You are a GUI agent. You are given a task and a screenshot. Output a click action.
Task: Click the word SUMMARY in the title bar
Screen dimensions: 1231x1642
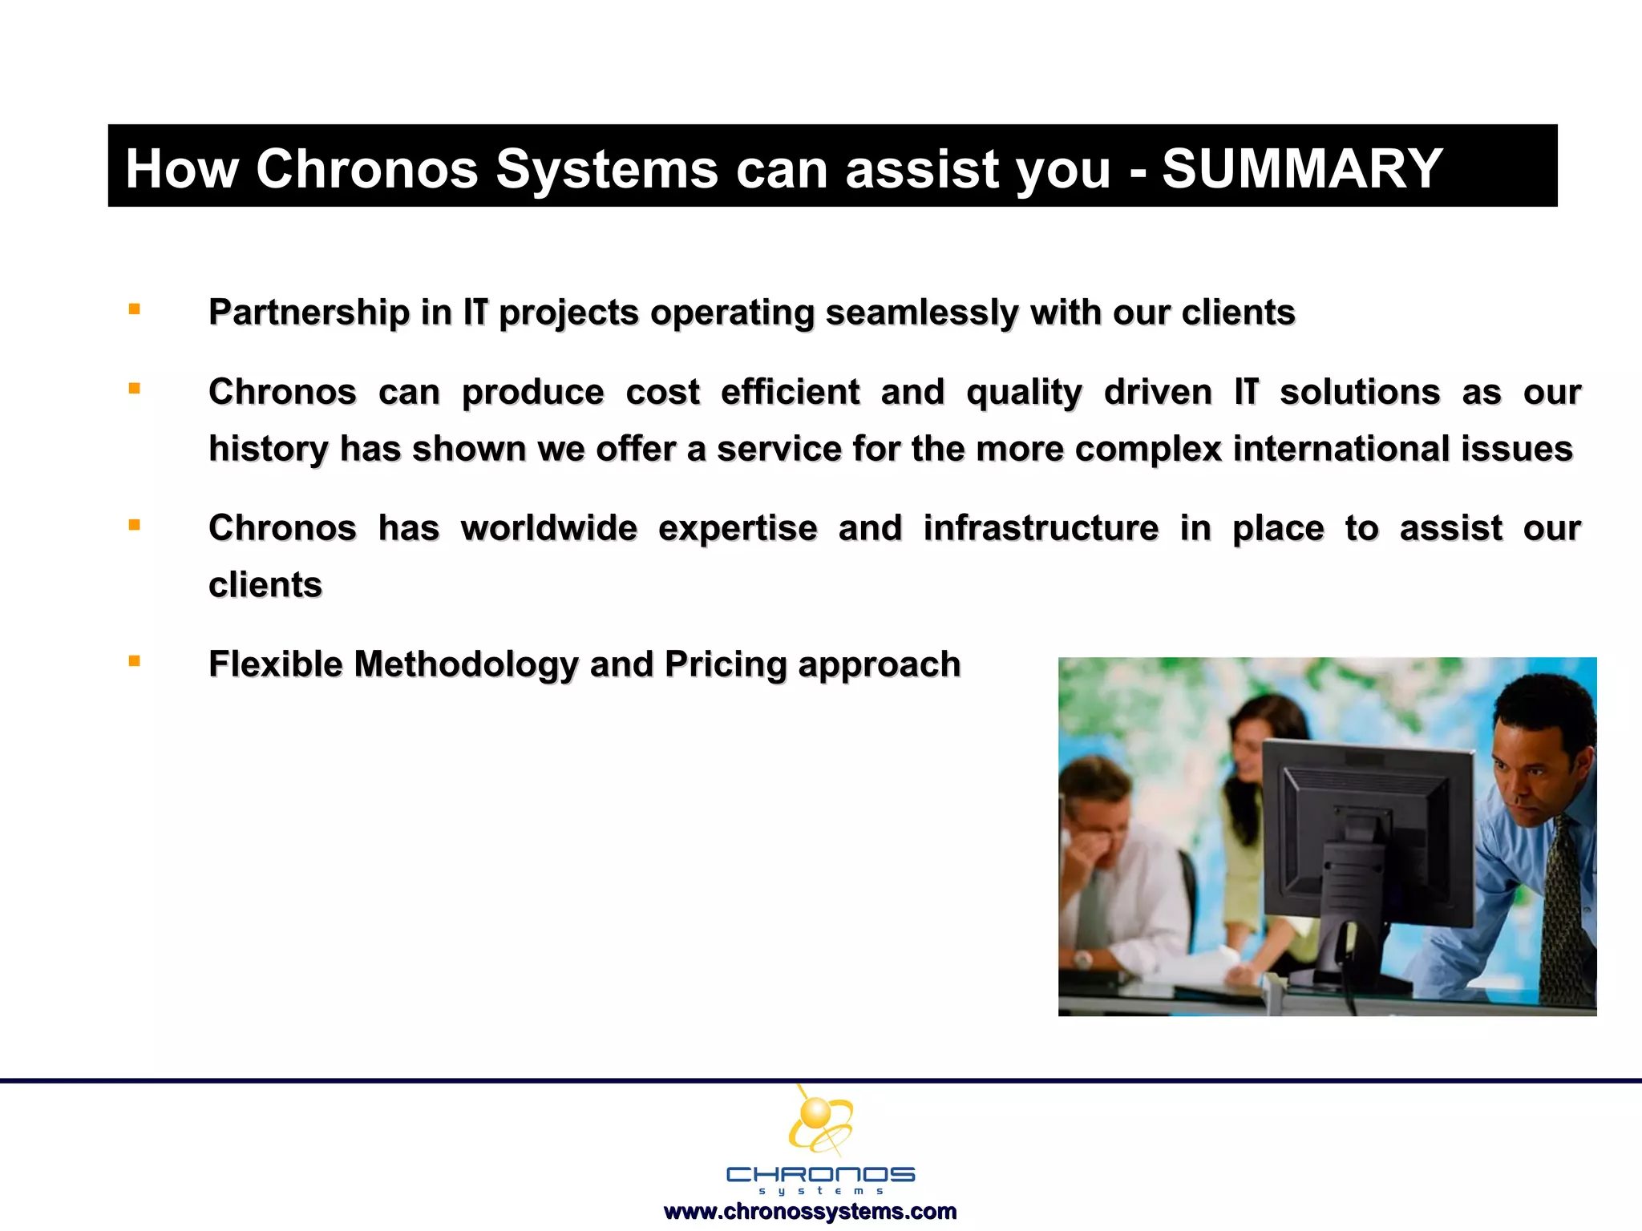[1302, 169]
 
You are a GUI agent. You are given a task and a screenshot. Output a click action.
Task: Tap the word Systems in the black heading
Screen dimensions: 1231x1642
[606, 169]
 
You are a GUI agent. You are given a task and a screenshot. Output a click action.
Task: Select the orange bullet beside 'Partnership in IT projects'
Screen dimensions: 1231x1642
[135, 309]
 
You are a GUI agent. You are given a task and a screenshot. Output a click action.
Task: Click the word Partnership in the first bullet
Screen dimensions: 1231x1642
[309, 313]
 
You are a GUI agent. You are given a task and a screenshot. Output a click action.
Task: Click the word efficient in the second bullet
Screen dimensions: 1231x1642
[790, 393]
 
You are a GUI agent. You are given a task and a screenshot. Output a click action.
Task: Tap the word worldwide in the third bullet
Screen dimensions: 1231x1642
[548, 529]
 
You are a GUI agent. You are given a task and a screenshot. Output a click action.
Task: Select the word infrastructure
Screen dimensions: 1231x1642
[1040, 529]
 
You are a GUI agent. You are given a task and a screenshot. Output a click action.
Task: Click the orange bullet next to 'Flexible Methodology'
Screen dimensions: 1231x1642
[135, 661]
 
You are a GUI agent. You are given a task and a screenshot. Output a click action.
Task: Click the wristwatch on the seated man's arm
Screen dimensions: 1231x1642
[1083, 959]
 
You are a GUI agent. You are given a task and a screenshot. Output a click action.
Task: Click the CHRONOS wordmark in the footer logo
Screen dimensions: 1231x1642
[820, 1175]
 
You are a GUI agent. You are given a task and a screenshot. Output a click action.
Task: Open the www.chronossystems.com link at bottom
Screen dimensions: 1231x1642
[810, 1211]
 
